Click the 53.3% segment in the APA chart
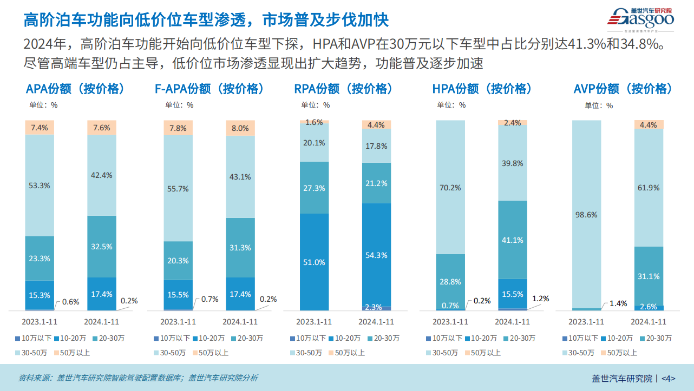click(40, 185)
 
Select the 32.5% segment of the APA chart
click(102, 247)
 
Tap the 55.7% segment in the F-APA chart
click(178, 189)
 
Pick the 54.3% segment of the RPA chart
click(376, 255)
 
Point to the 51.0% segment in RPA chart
click(314, 262)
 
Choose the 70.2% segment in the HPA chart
click(450, 188)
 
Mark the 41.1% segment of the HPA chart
click(512, 240)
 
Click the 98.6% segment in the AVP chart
click(586, 215)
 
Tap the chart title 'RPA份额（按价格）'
click(344, 89)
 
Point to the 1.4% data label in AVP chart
click(618, 304)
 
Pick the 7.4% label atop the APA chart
click(40, 128)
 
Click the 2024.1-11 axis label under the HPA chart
click(513, 322)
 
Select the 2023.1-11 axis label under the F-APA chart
click(178, 322)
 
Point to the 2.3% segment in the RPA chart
click(376, 307)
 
